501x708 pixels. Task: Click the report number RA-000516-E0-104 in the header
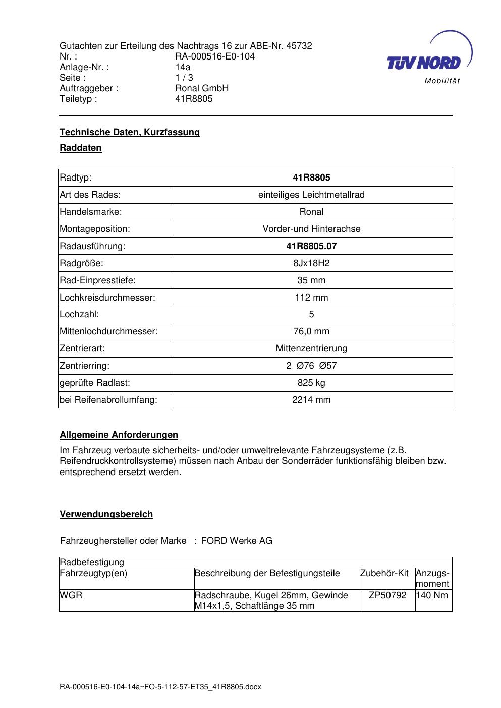(215, 56)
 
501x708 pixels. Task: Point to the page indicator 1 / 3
(184, 78)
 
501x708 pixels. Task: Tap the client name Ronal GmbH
(202, 88)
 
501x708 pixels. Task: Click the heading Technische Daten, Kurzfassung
(130, 132)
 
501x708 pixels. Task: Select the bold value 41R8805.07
(311, 246)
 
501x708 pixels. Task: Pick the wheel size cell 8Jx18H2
(311, 263)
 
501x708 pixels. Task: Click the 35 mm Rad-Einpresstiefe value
(311, 280)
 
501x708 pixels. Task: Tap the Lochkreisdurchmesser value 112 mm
(311, 298)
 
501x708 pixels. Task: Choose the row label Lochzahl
(79, 314)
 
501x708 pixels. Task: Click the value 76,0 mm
(311, 331)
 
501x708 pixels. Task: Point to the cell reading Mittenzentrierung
(311, 348)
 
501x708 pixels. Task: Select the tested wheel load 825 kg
(311, 383)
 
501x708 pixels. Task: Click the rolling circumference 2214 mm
(311, 400)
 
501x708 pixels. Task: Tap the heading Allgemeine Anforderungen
(119, 435)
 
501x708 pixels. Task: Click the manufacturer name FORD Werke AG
(237, 541)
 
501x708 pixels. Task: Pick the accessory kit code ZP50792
(387, 595)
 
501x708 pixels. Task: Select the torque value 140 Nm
(432, 595)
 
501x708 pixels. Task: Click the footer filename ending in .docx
(160, 687)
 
